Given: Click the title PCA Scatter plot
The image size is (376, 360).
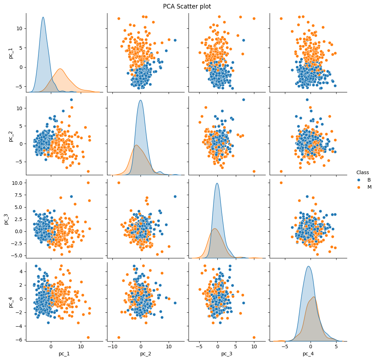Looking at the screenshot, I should point(187,6).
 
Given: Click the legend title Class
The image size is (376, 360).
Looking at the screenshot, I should point(362,172).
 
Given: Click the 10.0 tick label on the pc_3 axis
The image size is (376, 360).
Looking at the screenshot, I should point(17,183).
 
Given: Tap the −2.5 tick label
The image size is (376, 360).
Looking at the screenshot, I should point(16,243).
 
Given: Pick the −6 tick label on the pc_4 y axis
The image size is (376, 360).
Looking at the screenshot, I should point(18,339).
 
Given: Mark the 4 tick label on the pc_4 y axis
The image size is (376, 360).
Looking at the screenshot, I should point(21,272).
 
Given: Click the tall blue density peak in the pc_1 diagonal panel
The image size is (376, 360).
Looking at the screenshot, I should point(43,18).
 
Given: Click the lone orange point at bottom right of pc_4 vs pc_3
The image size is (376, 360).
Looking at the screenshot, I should point(254,337).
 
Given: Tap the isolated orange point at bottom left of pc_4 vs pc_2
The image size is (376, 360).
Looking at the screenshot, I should point(119,337).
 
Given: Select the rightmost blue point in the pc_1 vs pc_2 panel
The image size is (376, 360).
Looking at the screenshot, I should point(175,40).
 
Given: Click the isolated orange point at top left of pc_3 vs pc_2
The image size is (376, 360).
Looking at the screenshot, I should point(119,183).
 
